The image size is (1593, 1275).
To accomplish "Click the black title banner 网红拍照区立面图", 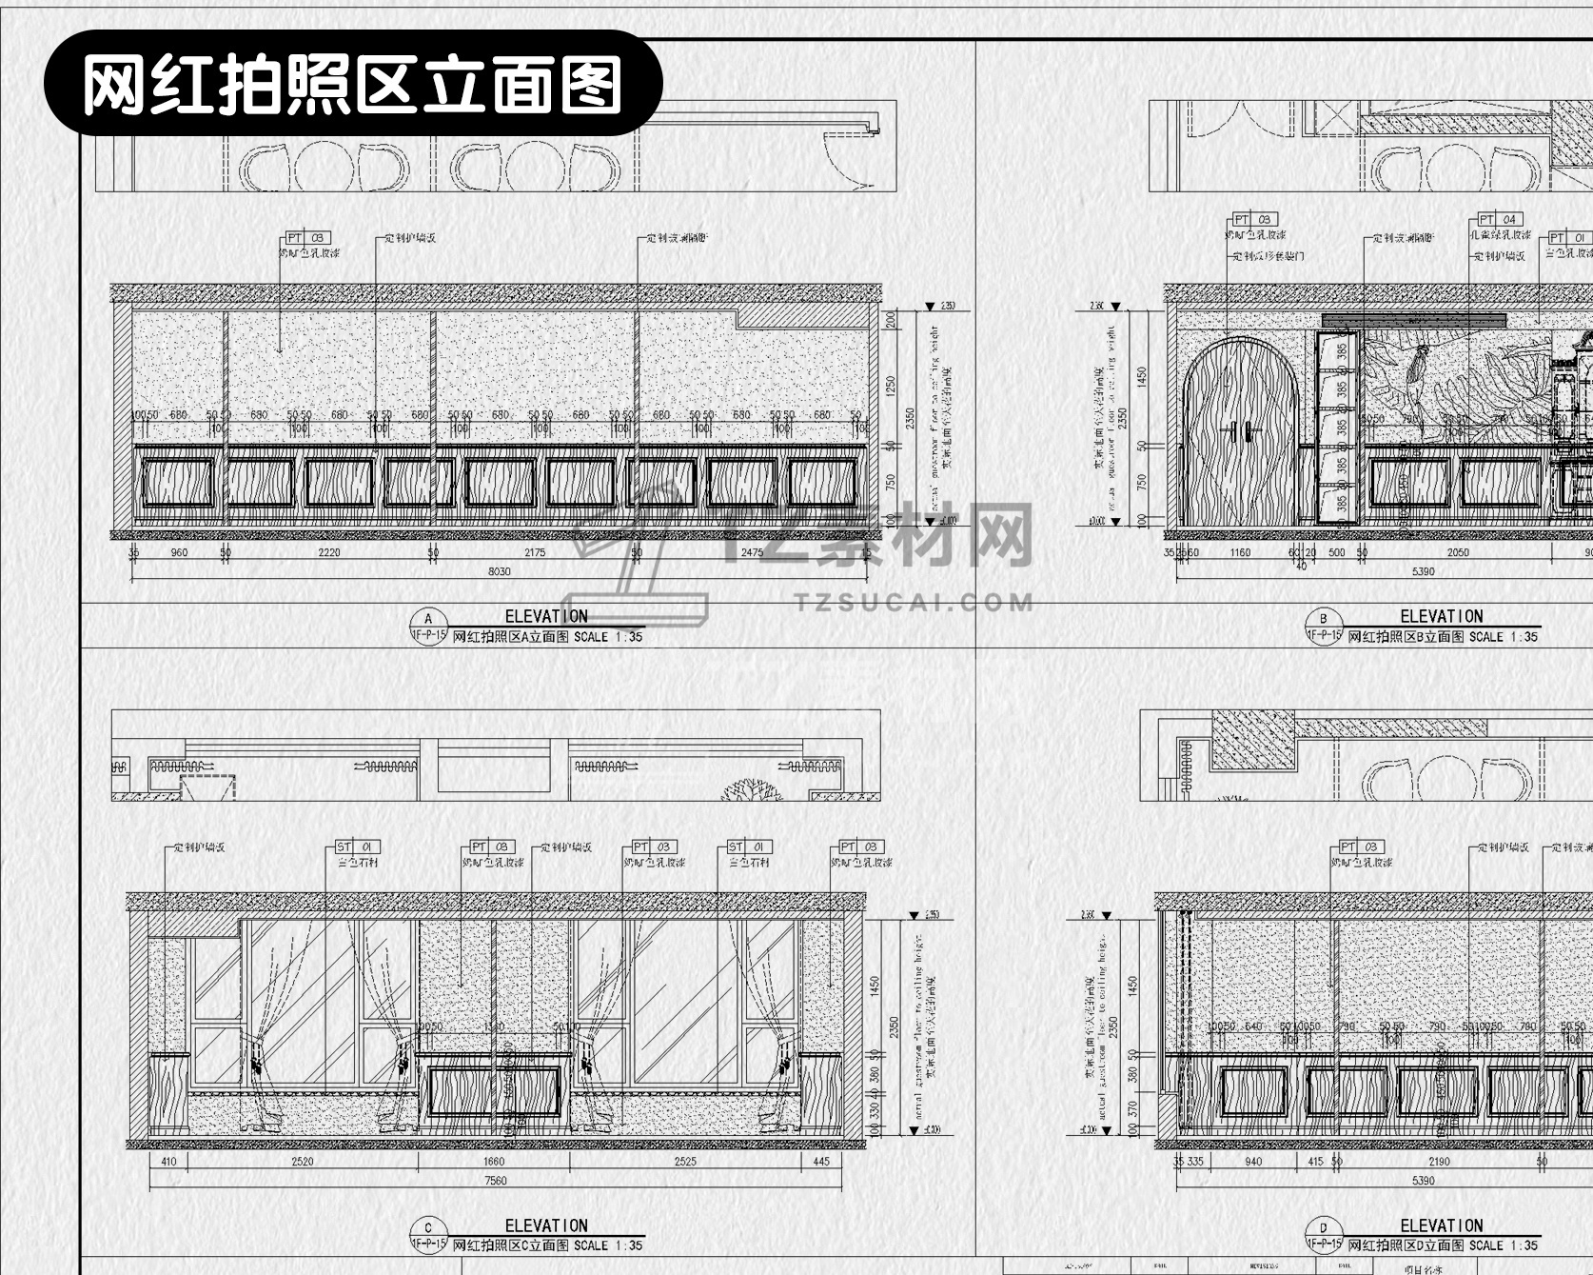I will point(352,84).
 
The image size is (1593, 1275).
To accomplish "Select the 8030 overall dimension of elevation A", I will point(500,571).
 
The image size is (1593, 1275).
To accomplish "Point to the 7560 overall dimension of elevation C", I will point(496,1181).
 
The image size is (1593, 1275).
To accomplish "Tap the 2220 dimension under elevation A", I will point(329,552).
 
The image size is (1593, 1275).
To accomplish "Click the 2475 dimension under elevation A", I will point(752,552).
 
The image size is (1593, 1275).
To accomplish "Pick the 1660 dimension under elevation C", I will point(494,1162).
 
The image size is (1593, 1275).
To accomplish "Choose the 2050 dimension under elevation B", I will point(1458,552).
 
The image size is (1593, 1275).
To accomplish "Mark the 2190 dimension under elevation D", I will point(1439,1162).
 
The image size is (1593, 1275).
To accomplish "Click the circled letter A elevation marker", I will point(428,619).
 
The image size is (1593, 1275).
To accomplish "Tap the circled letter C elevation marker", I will point(428,1228).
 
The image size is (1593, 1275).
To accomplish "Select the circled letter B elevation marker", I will point(1324,619).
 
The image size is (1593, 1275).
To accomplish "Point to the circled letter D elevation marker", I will point(1324,1228).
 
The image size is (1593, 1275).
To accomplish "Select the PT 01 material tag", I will point(1569,238).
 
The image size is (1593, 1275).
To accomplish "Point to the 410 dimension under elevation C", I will point(168,1162).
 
